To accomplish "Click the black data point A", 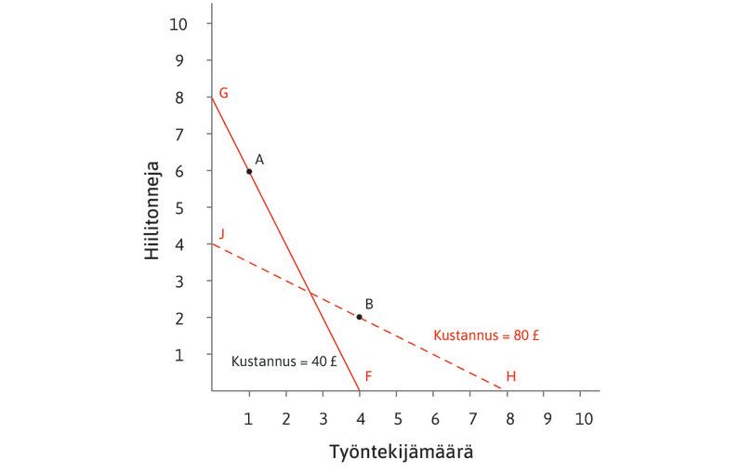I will pyautogui.click(x=249, y=171).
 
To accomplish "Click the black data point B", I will pyautogui.click(x=360, y=317).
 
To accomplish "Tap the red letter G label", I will pyautogui.click(x=223, y=94).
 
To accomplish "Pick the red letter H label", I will pyautogui.click(x=510, y=376).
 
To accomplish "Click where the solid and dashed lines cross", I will pyautogui.click(x=310, y=293).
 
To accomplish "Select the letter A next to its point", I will pyautogui.click(x=259, y=160).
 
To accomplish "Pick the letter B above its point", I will pyautogui.click(x=369, y=303).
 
